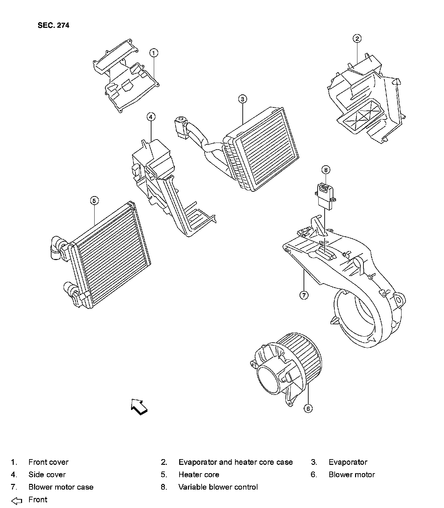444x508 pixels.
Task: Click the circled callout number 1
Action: pyautogui.click(x=153, y=53)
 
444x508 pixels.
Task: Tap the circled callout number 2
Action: pyautogui.click(x=357, y=38)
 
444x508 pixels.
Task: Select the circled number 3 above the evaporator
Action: pyautogui.click(x=243, y=99)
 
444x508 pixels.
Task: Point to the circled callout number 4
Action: pyautogui.click(x=151, y=117)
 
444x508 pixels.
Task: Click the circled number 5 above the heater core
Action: pyautogui.click(x=95, y=200)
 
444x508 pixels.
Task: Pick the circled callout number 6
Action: pyautogui.click(x=308, y=408)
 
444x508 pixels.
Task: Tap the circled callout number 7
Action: pyautogui.click(x=304, y=295)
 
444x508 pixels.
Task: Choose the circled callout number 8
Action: pyautogui.click(x=326, y=170)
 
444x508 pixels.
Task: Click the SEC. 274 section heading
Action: pyautogui.click(x=53, y=25)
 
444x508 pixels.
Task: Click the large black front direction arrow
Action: pyautogui.click(x=139, y=407)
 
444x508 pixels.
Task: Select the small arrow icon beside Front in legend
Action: pyautogui.click(x=17, y=501)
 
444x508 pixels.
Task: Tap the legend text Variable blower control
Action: pyautogui.click(x=218, y=487)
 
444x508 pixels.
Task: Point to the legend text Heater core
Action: pyautogui.click(x=199, y=475)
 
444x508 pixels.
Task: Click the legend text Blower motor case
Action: pyautogui.click(x=61, y=487)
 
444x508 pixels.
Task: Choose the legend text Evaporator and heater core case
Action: pyautogui.click(x=235, y=462)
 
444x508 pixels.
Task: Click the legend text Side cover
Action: pyautogui.click(x=47, y=475)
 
